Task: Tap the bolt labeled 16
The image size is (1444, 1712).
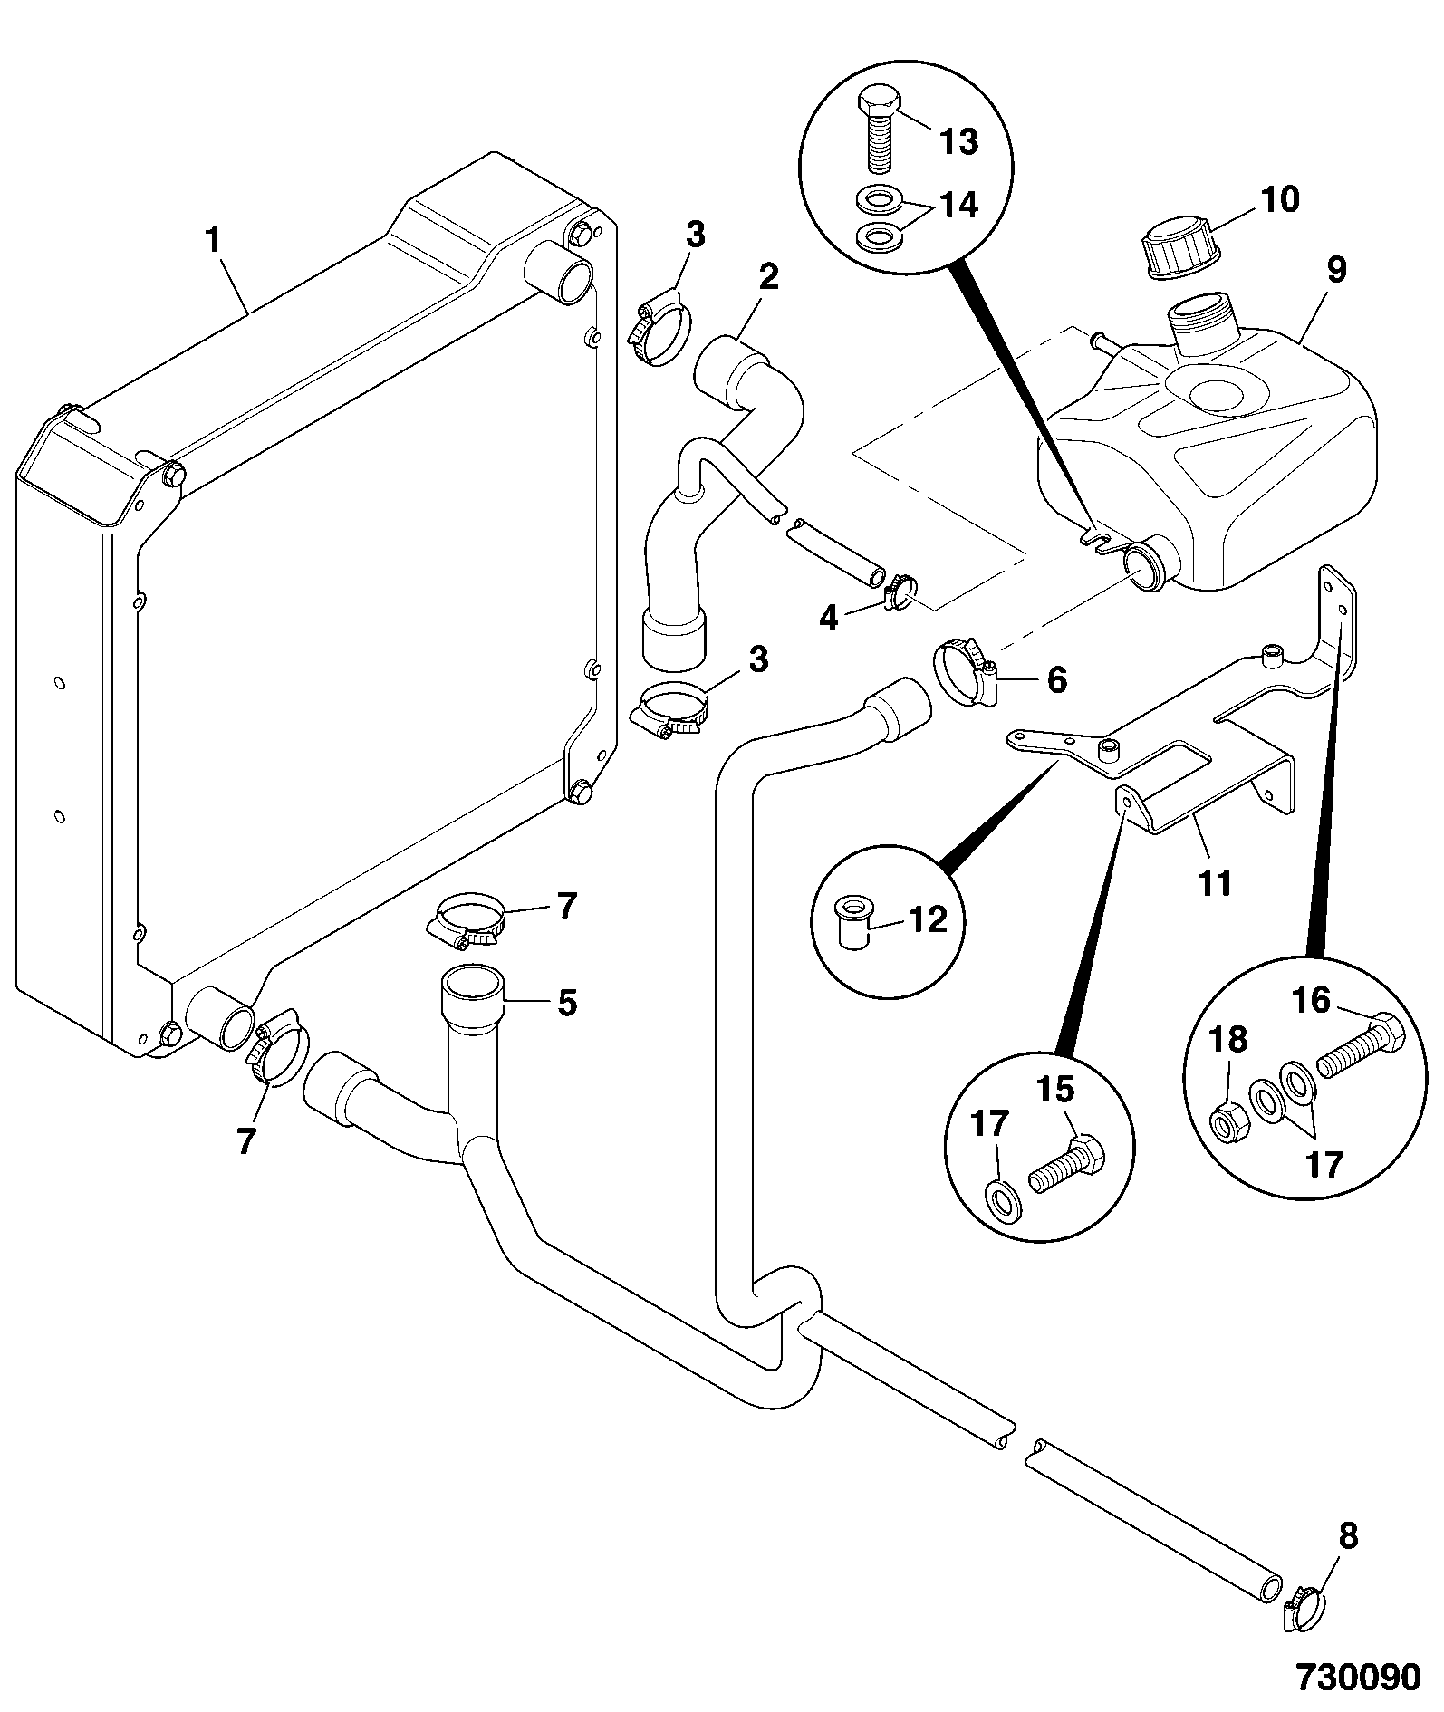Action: click(1359, 1043)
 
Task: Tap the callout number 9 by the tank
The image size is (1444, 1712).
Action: click(1336, 271)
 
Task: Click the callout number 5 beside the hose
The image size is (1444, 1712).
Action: click(566, 1002)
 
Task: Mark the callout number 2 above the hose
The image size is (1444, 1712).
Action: click(768, 276)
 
